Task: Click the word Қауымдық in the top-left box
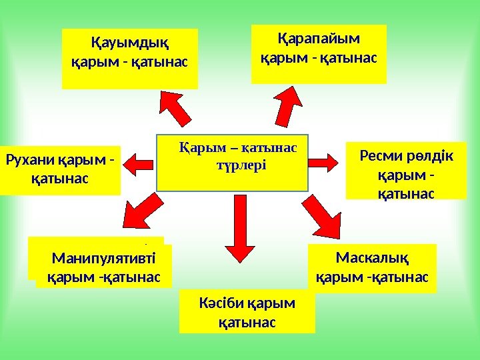[x=129, y=45]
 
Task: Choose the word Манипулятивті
[x=103, y=258]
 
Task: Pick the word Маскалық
[x=372, y=257]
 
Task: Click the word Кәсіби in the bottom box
[x=222, y=305]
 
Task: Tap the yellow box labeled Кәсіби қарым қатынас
[x=247, y=311]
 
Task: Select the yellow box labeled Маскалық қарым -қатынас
[x=372, y=268]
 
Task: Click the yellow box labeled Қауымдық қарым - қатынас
[x=130, y=58]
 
